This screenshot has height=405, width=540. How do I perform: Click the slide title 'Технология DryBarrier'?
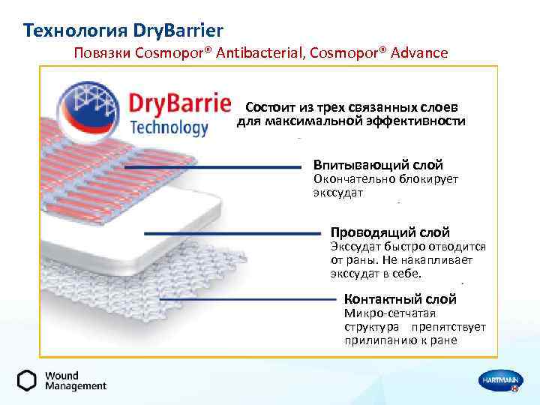coord(123,31)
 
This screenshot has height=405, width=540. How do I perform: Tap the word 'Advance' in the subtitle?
coord(417,52)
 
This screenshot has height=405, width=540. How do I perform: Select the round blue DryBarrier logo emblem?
coord(89,110)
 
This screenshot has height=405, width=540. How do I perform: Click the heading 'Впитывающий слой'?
coord(378,165)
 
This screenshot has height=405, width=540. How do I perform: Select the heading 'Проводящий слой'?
coord(390,232)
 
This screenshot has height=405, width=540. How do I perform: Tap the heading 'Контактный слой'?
coord(400,298)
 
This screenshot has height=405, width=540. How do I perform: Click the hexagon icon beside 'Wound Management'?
coord(27,380)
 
